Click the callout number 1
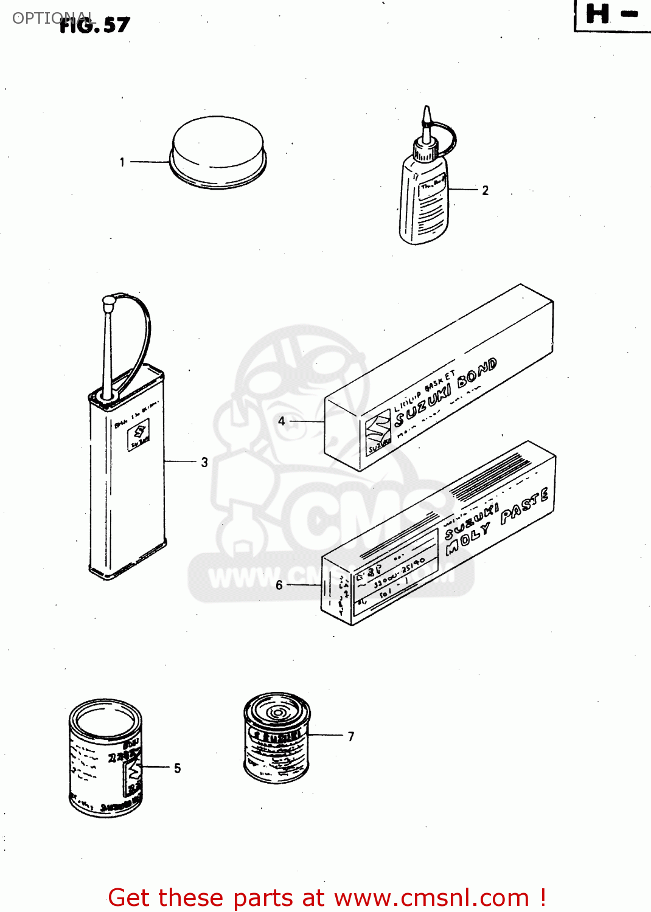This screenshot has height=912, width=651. tap(122, 162)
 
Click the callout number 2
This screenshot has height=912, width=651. tap(485, 190)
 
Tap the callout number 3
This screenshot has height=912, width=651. tap(204, 462)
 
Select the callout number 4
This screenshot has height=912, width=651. tap(281, 421)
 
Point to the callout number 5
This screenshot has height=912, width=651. tap(177, 768)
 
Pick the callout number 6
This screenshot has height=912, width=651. tap(279, 585)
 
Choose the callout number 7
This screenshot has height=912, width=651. tap(351, 736)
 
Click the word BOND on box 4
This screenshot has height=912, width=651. tap(477, 371)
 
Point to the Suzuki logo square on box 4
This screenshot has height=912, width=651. tap(378, 432)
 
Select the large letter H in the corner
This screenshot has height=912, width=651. tap(597, 14)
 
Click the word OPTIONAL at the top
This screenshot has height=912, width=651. tap(52, 18)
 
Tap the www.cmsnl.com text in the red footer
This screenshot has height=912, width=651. tap(431, 897)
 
